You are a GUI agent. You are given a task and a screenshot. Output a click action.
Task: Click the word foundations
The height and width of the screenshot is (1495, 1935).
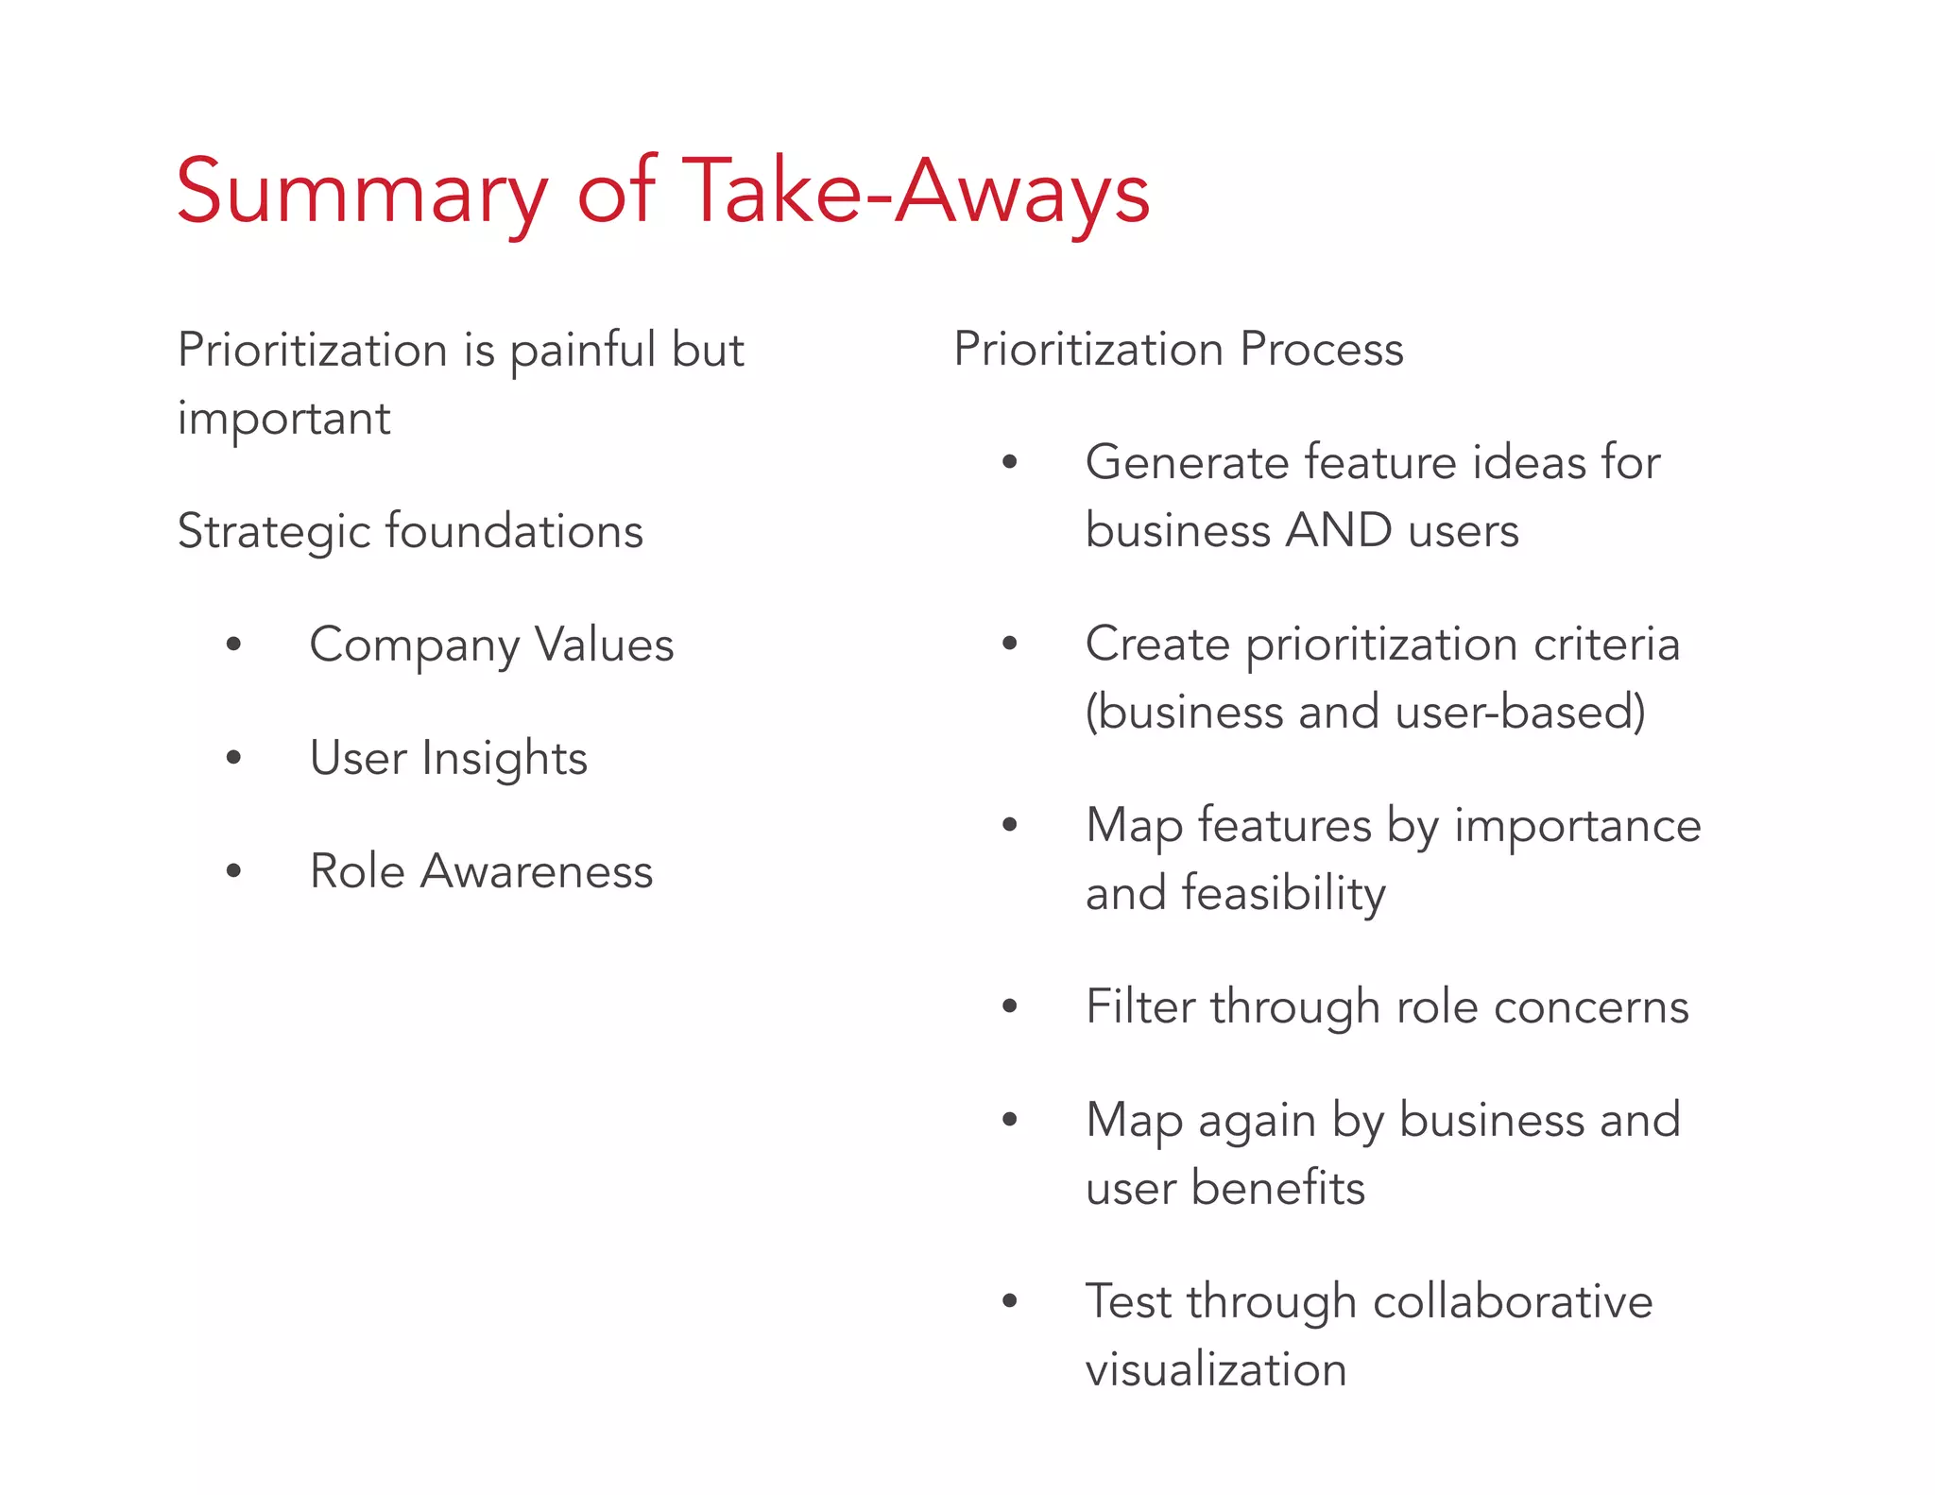pos(515,530)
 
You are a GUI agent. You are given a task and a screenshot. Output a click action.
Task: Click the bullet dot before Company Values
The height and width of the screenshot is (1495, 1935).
pos(233,645)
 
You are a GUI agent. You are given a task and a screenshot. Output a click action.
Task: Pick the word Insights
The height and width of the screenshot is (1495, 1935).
pos(505,759)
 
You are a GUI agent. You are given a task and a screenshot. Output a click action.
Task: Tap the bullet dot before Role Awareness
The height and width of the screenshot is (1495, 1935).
pos(233,871)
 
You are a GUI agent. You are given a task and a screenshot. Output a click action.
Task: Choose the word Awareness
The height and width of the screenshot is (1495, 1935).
pos(537,871)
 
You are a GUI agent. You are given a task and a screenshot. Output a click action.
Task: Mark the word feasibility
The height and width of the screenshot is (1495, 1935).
pos(1283,894)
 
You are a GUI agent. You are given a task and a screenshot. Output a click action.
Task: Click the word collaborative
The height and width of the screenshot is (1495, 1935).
pos(1512,1301)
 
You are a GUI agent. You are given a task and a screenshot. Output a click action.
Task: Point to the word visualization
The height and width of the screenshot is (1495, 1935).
pos(1216,1370)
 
